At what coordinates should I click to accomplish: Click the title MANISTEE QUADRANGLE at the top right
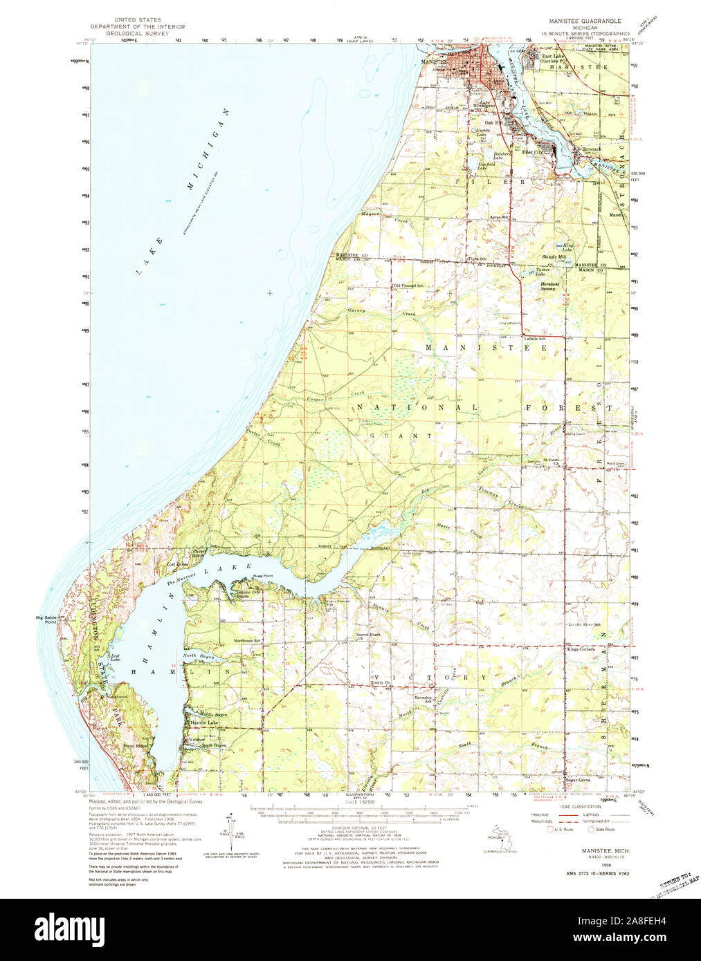pos(584,21)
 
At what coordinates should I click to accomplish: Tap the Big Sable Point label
pos(47,619)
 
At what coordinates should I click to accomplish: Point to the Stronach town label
pos(590,149)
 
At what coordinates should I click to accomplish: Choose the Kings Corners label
pos(581,649)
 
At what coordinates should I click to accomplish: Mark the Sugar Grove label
pos(578,780)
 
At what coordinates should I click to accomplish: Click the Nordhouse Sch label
pos(247,640)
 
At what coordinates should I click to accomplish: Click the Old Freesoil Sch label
pos(409,286)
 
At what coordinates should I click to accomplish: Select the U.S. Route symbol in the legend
pos(552,829)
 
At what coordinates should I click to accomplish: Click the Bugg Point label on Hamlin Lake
pos(263,575)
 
